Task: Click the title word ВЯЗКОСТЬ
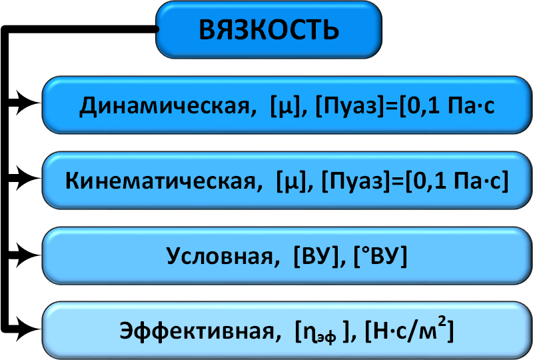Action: click(269, 29)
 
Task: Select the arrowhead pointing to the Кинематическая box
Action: click(29, 178)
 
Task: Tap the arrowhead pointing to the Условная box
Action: click(29, 253)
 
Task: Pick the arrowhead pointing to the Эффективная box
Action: click(29, 327)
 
